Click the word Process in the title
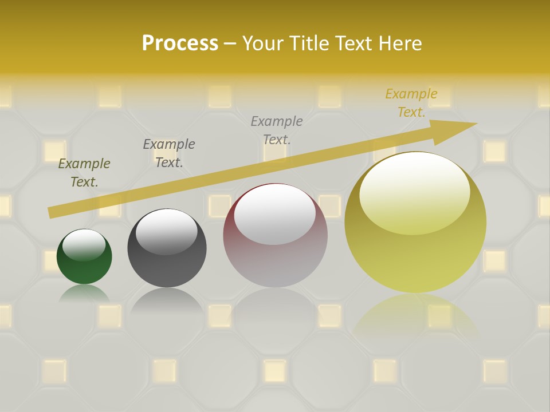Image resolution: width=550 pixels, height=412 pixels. [180, 43]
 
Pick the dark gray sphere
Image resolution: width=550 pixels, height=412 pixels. [167, 252]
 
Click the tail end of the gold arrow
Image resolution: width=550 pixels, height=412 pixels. [50, 212]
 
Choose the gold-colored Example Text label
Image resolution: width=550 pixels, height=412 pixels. [411, 103]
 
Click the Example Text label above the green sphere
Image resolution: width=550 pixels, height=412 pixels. [84, 173]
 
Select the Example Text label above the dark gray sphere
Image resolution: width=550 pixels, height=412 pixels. [169, 153]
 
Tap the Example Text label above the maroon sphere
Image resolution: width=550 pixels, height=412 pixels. [277, 130]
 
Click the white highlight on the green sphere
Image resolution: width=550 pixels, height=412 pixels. [84, 244]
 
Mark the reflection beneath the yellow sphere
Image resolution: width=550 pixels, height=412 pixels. [415, 315]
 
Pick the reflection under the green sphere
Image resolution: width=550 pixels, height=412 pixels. [84, 294]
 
